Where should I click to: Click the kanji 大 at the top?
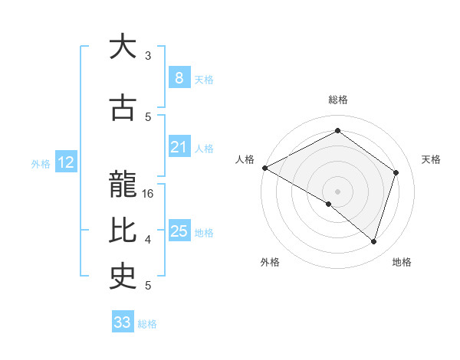(123, 47)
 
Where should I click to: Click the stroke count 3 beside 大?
(148, 56)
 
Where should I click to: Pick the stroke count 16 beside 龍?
(149, 194)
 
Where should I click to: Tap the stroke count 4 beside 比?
(148, 240)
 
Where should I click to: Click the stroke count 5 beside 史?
(148, 286)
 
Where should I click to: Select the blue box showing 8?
(179, 78)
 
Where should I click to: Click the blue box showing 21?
(179, 147)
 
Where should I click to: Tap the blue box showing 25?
(179, 231)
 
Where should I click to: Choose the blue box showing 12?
(66, 162)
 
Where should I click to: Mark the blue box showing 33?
(123, 322)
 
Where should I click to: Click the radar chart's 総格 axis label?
(337, 100)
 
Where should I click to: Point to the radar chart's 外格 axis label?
(270, 262)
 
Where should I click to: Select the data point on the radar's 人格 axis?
(264, 168)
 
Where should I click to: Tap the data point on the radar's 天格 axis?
(396, 172)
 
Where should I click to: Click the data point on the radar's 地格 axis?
(373, 241)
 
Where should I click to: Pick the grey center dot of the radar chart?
(337, 191)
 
